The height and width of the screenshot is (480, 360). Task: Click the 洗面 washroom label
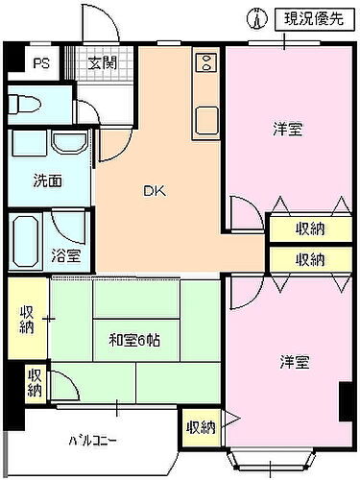(x=47, y=180)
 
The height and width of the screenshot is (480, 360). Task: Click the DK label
(x=155, y=191)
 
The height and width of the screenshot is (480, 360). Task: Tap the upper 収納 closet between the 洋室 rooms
(x=309, y=228)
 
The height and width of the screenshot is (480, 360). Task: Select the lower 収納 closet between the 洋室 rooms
(x=309, y=259)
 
